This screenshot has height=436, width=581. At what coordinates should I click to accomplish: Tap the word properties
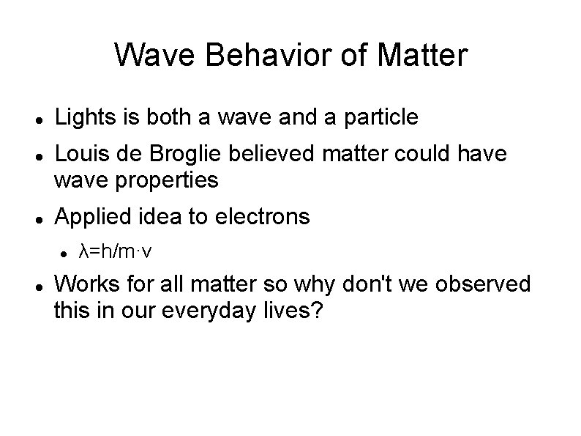[168, 180]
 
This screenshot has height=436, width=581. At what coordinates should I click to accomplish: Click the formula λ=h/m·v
[115, 252]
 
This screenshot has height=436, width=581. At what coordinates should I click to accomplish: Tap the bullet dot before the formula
[64, 254]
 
